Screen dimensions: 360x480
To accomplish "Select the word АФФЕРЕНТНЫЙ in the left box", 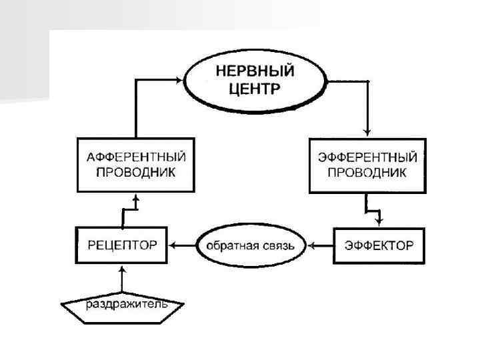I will tap(136, 158).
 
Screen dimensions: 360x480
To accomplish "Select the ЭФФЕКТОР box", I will tap(379, 245).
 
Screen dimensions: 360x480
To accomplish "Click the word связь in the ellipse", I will tap(283, 245).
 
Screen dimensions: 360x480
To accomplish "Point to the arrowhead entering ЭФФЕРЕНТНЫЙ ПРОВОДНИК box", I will tap(367, 133).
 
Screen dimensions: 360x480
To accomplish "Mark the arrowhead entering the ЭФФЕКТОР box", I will tap(379, 222).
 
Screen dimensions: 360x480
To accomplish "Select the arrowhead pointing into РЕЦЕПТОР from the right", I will tap(173, 245).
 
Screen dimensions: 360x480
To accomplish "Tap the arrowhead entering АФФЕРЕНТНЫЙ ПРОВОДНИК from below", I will tap(136, 198).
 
